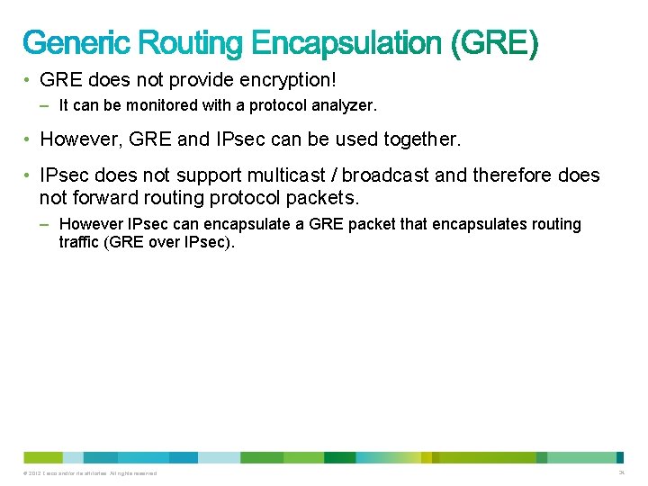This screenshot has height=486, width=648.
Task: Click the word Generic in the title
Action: (76, 42)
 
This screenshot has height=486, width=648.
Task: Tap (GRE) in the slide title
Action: (499, 42)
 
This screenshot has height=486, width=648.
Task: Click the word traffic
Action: (79, 242)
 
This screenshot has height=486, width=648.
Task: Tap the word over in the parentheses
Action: (164, 242)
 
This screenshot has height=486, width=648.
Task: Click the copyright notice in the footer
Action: (92, 473)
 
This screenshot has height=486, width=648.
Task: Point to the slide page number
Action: (621, 472)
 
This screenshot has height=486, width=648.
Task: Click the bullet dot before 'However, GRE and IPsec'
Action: (29, 139)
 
